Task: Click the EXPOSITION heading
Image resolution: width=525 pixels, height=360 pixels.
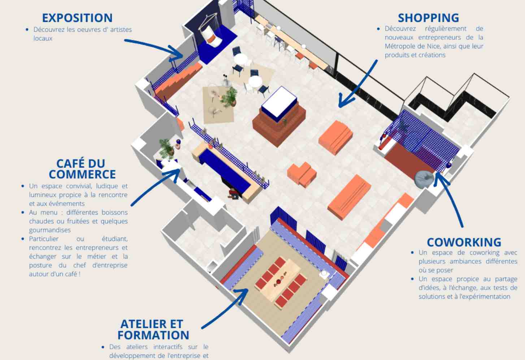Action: point(77,18)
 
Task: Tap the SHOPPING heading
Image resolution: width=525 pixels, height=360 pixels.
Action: point(429,18)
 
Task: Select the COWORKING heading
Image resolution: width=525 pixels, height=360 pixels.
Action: point(464,242)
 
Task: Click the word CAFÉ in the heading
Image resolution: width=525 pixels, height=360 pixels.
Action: point(69,163)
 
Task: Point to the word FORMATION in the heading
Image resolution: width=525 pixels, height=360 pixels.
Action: point(153,335)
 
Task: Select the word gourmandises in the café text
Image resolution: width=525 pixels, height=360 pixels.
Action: point(50,230)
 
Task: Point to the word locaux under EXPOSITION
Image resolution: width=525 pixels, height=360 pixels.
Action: point(43,38)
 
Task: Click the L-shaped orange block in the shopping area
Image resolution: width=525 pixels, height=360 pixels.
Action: point(302,174)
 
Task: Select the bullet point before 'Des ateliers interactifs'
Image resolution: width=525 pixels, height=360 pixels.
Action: point(103,347)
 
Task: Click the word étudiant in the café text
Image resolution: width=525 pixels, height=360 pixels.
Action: point(114,239)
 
